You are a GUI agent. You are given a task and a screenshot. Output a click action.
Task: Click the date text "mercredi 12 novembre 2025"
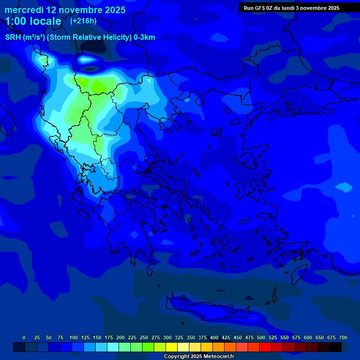pyautogui.click(x=65, y=10)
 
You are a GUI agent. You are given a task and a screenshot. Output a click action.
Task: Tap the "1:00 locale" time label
pyautogui.click(x=33, y=21)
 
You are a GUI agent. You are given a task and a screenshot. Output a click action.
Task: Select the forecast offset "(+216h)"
pyautogui.click(x=83, y=21)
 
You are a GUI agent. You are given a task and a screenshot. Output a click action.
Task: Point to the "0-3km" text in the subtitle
pyautogui.click(x=144, y=37)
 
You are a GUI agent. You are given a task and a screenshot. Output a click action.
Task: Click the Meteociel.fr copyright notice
pyautogui.click(x=199, y=356)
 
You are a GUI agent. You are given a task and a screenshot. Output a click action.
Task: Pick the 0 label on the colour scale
pyautogui.click(x=24, y=337)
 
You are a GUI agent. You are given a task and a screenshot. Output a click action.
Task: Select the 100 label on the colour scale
pyautogui.click(x=74, y=337)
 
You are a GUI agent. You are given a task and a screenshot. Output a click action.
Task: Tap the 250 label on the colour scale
pyautogui.click(x=144, y=337)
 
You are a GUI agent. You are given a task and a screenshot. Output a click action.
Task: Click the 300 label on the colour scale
pyautogui.click(x=167, y=337)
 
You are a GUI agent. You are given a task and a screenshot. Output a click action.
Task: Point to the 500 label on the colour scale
pyautogui.click(x=261, y=337)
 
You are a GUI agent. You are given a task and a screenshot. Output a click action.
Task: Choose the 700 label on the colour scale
pyautogui.click(x=343, y=337)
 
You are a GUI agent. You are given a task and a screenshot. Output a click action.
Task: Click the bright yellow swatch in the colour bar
pyautogui.click(x=172, y=347)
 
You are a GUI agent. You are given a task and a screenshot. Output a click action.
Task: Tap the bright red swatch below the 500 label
pyautogui.click(x=265, y=347)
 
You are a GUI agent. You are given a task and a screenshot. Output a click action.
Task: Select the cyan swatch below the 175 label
pyautogui.click(x=113, y=347)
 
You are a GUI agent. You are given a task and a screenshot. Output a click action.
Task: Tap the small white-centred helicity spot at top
pyautogui.click(x=87, y=59)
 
